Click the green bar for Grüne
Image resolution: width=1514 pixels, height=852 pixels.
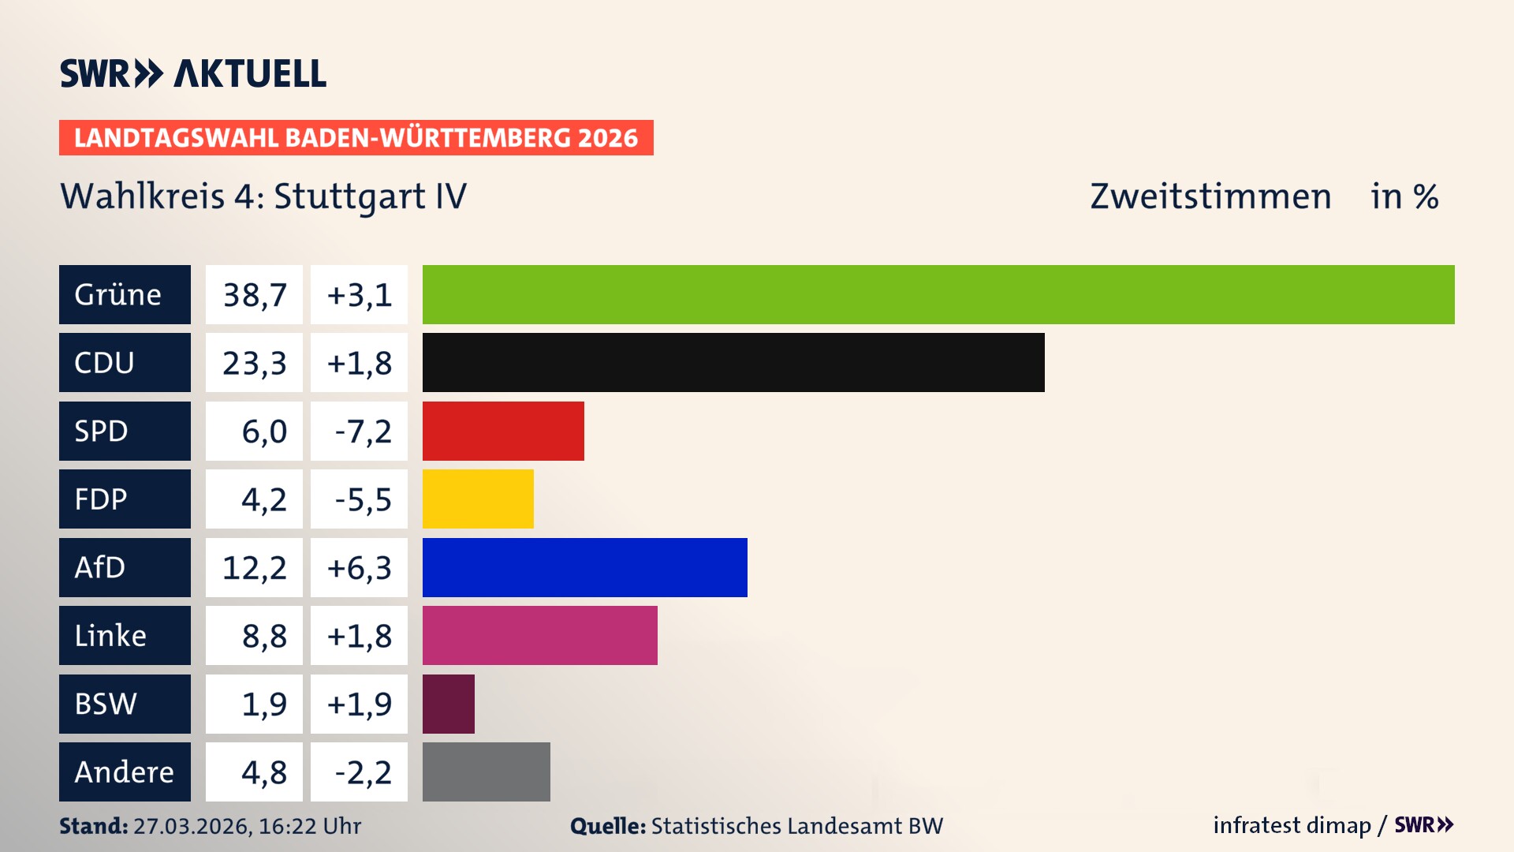point(938,294)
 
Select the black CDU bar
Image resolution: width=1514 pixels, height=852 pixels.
point(733,362)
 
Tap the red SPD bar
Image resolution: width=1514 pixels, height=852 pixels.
point(503,431)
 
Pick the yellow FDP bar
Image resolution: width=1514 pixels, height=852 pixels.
point(478,499)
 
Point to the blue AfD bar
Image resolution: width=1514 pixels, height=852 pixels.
point(584,567)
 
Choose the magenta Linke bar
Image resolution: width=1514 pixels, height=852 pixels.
point(539,635)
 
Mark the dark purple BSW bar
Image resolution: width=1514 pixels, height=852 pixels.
point(448,704)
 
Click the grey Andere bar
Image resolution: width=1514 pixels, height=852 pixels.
point(486,772)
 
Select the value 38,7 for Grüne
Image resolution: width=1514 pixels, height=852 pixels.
point(254,295)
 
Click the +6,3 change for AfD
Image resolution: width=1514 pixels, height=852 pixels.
point(359,568)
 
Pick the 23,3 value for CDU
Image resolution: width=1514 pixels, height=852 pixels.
point(254,363)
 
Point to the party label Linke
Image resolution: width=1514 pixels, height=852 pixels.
point(110,636)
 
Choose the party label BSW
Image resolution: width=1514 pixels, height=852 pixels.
point(106,704)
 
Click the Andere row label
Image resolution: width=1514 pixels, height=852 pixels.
point(124,772)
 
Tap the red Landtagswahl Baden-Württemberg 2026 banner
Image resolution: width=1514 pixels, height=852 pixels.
point(356,138)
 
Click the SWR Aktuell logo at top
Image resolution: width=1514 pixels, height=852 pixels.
point(193,73)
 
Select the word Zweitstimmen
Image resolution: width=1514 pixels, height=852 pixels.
point(1210,196)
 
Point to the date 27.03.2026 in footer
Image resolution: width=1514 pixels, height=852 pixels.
point(192,826)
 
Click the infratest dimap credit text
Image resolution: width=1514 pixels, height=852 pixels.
point(1292,825)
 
